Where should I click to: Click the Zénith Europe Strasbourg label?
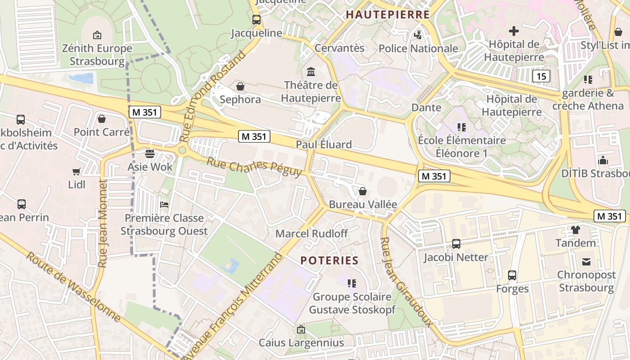point(97,54)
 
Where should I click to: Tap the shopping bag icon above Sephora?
point(240,86)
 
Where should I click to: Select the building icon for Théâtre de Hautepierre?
point(310,72)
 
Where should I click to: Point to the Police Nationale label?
point(418,49)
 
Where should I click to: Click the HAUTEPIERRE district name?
point(388,14)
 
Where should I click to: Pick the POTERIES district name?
point(329,261)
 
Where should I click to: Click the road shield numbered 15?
point(541,76)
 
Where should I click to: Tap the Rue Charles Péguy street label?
point(254,166)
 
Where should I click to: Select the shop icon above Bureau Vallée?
point(363,191)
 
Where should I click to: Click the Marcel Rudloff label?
point(312,234)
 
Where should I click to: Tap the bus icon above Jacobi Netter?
point(456,244)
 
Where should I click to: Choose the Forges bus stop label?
point(512,288)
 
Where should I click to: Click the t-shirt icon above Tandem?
point(575,229)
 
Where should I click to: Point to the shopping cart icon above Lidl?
point(76,171)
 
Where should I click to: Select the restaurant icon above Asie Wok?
point(150,153)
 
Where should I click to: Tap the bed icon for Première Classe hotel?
point(164,205)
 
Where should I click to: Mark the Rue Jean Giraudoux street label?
point(405,282)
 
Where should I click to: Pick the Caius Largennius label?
point(301,342)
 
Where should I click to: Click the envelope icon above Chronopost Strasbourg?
point(586,261)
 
